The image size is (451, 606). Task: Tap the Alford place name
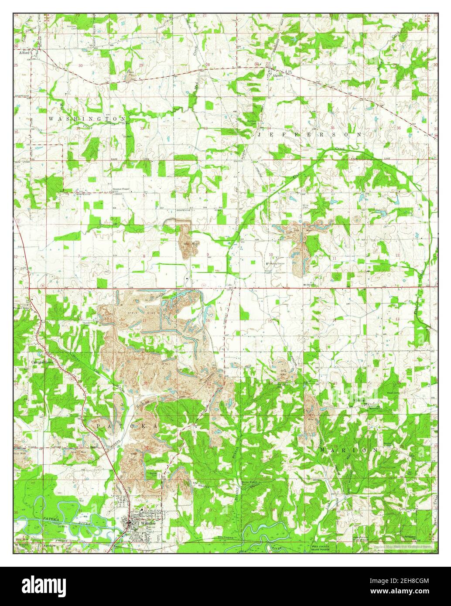24,51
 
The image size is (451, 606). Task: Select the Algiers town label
278,75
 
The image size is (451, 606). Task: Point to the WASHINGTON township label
87,119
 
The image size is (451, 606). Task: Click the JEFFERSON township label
310,135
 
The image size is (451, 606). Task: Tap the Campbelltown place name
42,362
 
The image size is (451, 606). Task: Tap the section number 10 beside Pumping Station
271,254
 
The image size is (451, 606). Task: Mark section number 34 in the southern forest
273,509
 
